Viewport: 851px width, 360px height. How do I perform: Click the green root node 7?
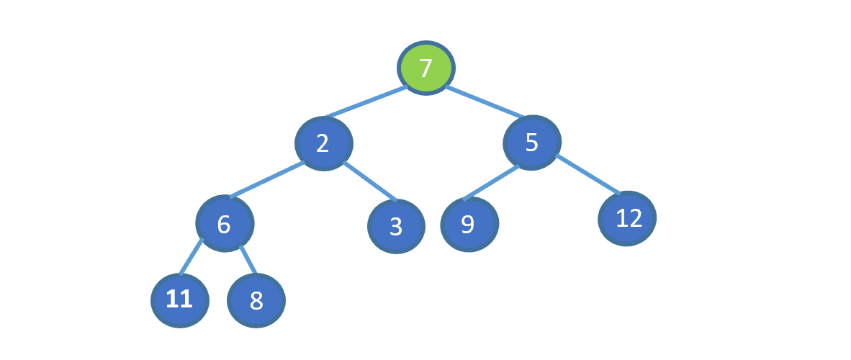coord(426,68)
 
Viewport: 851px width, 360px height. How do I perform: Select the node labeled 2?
coord(324,143)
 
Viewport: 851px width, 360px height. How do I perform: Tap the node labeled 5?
coord(532,143)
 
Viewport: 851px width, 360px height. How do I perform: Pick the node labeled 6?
coord(225,223)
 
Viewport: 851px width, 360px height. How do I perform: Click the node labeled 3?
coord(396,226)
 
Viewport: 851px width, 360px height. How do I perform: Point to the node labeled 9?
coord(469,224)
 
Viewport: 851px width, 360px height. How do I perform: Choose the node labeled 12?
coord(627,219)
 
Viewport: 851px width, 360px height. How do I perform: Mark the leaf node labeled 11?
coord(180,300)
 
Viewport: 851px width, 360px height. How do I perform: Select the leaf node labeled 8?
coord(256,300)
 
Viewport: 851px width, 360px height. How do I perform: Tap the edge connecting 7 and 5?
coord(485,102)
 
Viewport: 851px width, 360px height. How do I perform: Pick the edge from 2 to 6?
coord(266,180)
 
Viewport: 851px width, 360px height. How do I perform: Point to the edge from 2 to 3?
coord(370,181)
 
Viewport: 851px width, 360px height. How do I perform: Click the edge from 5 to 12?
coord(588,174)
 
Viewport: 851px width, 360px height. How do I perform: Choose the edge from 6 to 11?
coord(191,256)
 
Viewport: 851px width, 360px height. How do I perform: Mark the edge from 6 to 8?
coord(248,259)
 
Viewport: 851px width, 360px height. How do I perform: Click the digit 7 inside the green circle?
coord(426,68)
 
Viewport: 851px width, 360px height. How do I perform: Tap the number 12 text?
coord(629,218)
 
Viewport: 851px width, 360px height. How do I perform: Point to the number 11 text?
coord(179,300)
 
